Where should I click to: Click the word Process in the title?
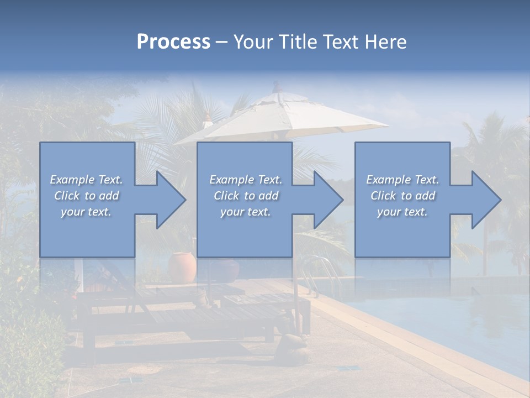[x=173, y=42]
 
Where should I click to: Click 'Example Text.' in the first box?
[x=86, y=180]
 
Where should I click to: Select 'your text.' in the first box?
[x=86, y=212]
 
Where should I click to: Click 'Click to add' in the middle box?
[x=246, y=196]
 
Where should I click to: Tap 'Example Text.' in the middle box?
[x=246, y=180]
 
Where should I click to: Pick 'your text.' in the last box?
[x=402, y=212]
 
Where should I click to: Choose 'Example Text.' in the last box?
[x=402, y=180]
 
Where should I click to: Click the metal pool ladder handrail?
[x=326, y=271]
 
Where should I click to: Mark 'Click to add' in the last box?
[x=402, y=196]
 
